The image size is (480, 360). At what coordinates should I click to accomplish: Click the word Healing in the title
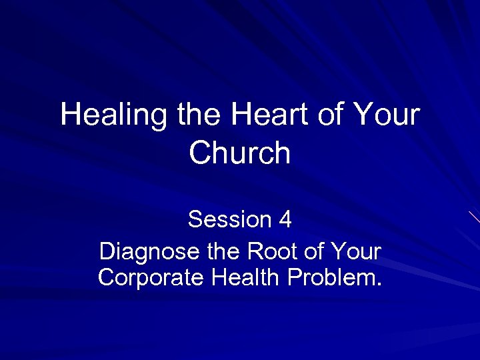[114, 115]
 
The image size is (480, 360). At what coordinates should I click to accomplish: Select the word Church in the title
[240, 153]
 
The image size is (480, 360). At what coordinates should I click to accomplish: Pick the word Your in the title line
[387, 115]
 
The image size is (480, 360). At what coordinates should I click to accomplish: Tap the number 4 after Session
[285, 219]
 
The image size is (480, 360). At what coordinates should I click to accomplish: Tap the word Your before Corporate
[357, 253]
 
